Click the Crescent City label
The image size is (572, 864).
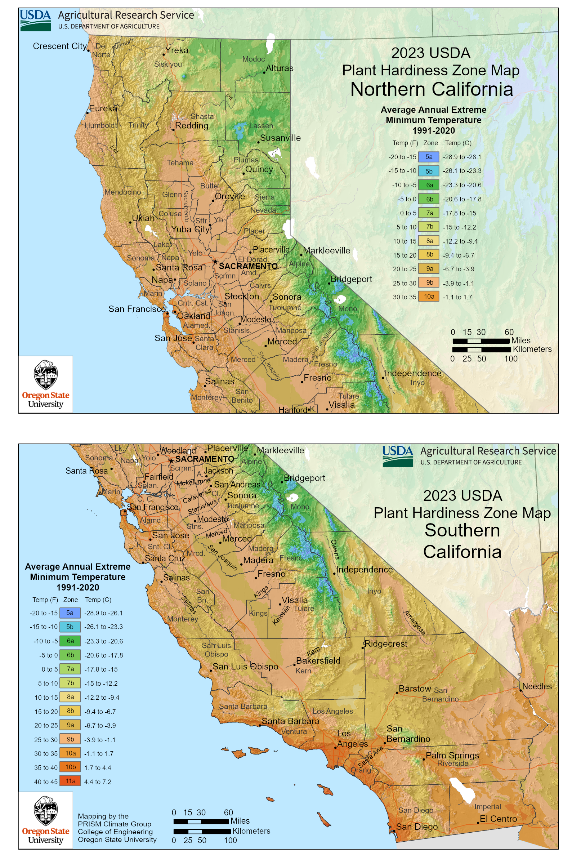coord(59,46)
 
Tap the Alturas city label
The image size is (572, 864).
coord(280,68)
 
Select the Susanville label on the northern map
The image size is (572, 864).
coord(280,138)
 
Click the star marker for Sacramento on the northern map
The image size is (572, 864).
coord(215,262)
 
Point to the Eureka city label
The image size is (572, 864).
coord(103,109)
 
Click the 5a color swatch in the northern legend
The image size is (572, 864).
coord(429,157)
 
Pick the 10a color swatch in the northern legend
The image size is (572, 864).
coord(429,297)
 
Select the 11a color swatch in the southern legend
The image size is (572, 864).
coord(70,781)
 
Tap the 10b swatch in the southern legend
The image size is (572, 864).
coord(70,767)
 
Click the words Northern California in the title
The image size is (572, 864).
coord(432,89)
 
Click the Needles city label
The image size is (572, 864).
coord(537,686)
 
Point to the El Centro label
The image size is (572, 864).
coord(498,819)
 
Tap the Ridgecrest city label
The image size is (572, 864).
coord(385,643)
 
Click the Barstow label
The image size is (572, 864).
coord(415,689)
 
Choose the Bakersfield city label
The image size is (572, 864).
coord(318,660)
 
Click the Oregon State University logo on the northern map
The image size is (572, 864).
coord(46,384)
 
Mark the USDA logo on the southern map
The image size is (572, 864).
coord(397,456)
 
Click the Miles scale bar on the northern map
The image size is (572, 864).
coord(481,341)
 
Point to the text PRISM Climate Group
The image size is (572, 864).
coord(114,824)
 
